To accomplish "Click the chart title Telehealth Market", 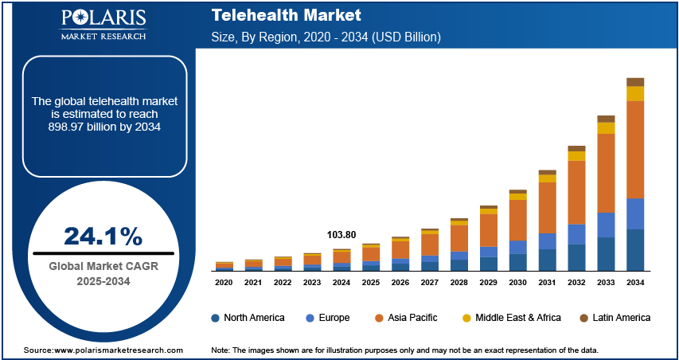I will (287, 15).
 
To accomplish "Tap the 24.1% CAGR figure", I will (103, 237).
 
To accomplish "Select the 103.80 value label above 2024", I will (341, 235).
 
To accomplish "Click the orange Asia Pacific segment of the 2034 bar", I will (635, 149).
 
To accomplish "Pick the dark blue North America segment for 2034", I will (635, 250).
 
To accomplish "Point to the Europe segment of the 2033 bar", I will (606, 225).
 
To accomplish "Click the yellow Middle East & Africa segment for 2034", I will (635, 93).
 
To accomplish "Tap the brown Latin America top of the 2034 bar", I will (635, 81).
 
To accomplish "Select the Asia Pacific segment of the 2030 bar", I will (517, 219).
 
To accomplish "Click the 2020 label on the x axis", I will (224, 283).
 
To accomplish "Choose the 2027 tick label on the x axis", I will (430, 283).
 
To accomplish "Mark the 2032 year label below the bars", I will (576, 283).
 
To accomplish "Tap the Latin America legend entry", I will (612, 318).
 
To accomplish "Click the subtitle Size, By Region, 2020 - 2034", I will (326, 37).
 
